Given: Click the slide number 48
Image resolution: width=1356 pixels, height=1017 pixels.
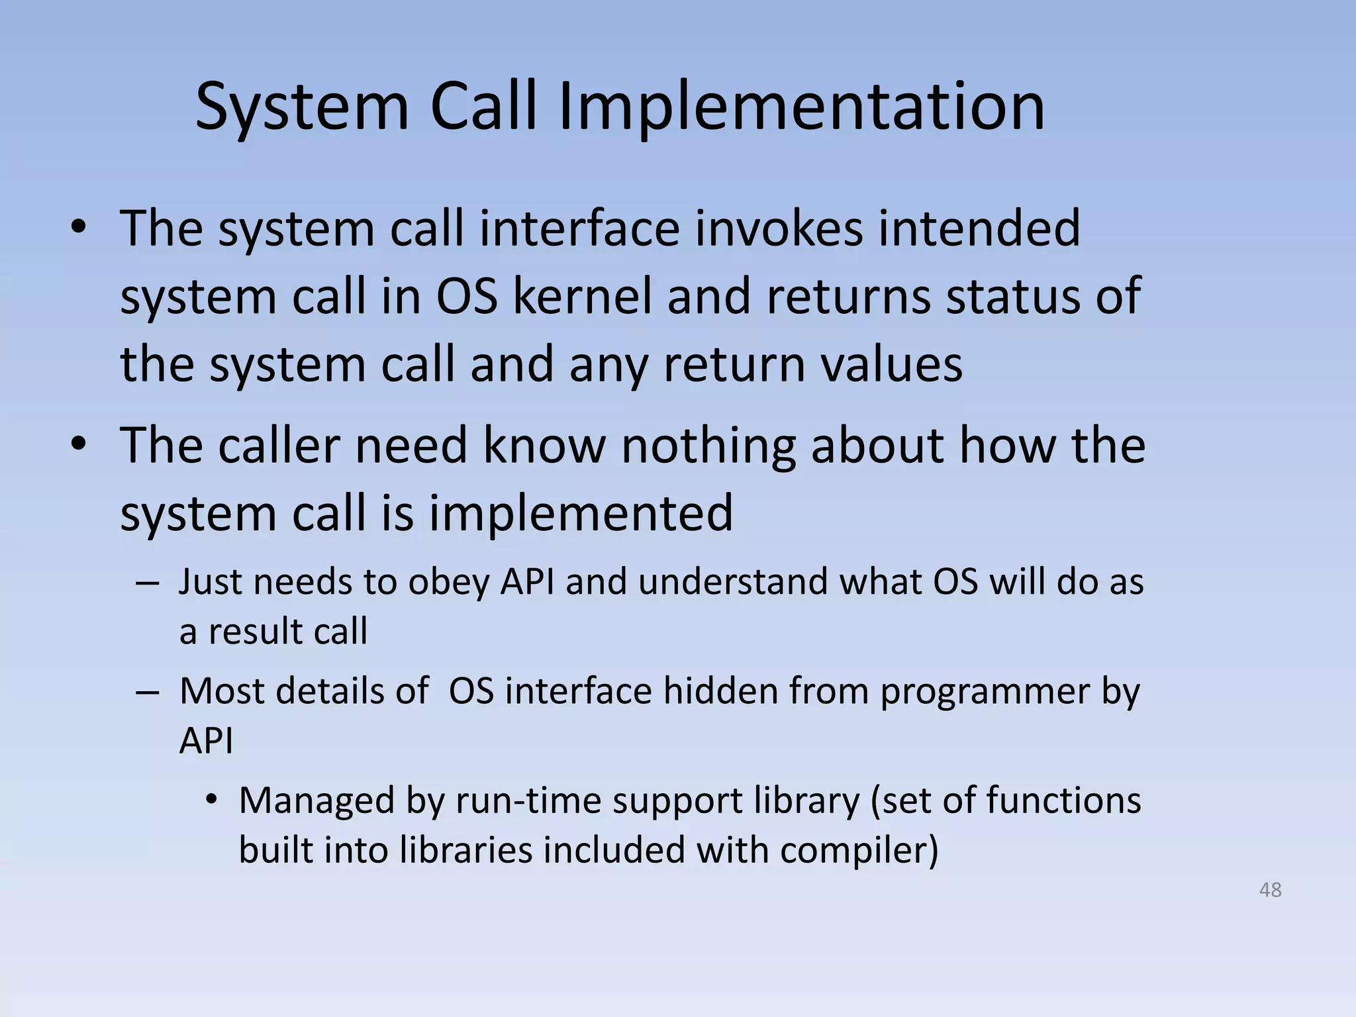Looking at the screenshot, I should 1270,890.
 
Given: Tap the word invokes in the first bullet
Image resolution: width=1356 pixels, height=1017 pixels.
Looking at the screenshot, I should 771,228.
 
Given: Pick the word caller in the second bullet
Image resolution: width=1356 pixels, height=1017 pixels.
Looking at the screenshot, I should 279,445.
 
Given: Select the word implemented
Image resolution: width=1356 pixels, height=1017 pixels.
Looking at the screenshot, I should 581,513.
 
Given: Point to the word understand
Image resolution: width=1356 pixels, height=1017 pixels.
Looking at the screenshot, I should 732,582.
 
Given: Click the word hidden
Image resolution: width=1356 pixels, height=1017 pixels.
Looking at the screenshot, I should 720,691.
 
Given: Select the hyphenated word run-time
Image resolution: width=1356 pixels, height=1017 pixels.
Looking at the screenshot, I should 527,800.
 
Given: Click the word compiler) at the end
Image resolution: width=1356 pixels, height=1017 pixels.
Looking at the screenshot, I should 859,850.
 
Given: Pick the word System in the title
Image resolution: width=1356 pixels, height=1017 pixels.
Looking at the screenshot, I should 302,107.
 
